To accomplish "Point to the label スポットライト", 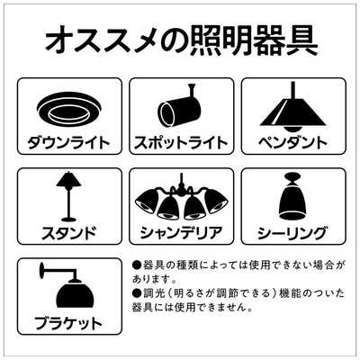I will click(x=180, y=142).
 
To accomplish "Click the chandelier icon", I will click(x=180, y=202).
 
